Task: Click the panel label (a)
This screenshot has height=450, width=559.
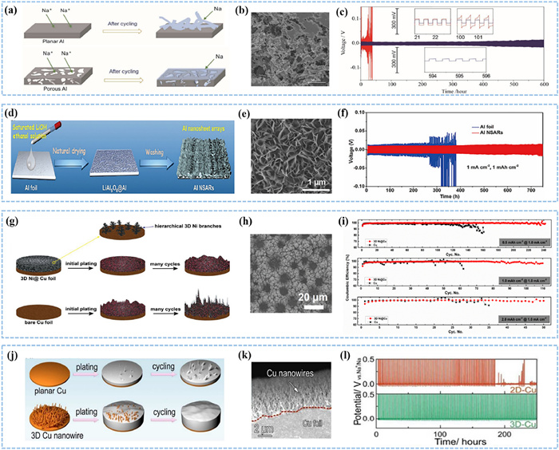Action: tap(14, 11)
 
